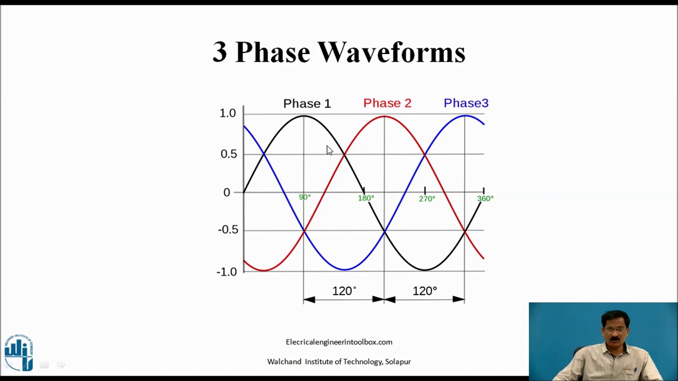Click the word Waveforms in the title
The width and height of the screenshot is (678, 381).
coord(391,52)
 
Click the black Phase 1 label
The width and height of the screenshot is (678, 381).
coord(307,104)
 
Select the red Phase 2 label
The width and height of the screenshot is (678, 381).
coord(387,103)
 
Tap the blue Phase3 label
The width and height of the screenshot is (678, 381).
coord(466,103)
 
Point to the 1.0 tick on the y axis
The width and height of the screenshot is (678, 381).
coord(227,113)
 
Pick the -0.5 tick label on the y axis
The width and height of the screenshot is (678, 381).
coord(228,230)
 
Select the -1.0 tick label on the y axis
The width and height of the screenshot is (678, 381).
coord(227,272)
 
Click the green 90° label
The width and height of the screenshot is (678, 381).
coord(305,197)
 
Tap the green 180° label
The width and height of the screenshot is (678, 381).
coord(365,198)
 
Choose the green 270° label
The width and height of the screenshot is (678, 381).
coord(427,199)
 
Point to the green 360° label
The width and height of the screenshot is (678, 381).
coord(485,199)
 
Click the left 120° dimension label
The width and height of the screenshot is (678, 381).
coord(344,291)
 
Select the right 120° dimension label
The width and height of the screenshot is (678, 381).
coord(424,291)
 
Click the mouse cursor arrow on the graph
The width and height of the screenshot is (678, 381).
coord(329,151)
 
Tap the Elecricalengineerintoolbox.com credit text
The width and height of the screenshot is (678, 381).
coord(339,342)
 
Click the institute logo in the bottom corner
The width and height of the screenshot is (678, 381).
coord(19,352)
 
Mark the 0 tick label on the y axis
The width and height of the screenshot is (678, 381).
coord(227,193)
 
